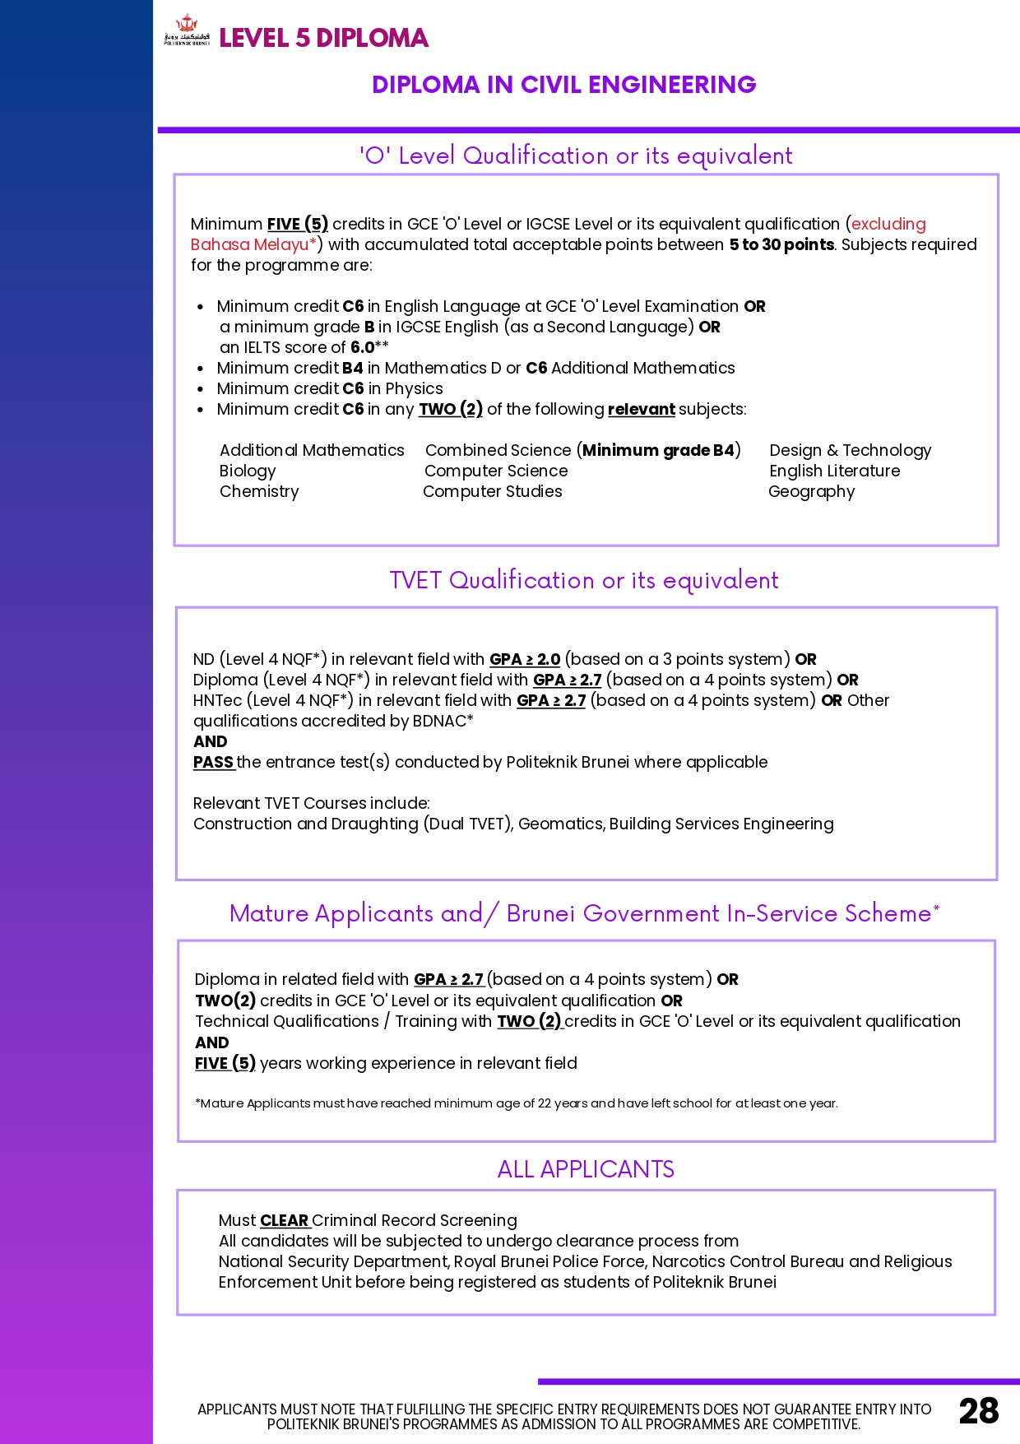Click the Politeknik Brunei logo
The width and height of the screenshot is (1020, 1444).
pos(187,30)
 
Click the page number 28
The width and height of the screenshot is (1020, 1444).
pos(978,1411)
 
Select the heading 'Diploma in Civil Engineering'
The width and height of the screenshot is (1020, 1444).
pos(563,85)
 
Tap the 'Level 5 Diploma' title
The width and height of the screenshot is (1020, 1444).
pos(323,38)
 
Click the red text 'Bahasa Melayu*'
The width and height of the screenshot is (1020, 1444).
pos(253,244)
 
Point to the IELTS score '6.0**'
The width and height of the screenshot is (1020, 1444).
pos(369,347)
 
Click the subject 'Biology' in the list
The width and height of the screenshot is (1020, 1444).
pos(248,471)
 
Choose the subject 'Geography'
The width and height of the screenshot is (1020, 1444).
pos(811,491)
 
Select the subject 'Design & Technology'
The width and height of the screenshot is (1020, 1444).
pos(850,450)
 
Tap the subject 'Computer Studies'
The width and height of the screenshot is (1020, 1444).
pos(492,491)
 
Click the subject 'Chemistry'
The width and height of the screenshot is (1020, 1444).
pos(259,491)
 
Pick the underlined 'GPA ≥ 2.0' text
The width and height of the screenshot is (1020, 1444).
pos(525,659)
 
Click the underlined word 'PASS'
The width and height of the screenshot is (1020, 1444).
pos(213,762)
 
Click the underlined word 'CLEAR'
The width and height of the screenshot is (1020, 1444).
pos(284,1220)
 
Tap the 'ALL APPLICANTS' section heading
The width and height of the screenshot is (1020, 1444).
pos(586,1169)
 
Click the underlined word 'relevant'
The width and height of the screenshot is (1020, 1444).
pos(641,409)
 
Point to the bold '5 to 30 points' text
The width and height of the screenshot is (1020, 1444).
pos(781,244)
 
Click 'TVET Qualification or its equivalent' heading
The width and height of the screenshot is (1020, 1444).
pos(584,580)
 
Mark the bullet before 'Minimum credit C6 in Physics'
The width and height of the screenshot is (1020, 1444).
pos(200,389)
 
